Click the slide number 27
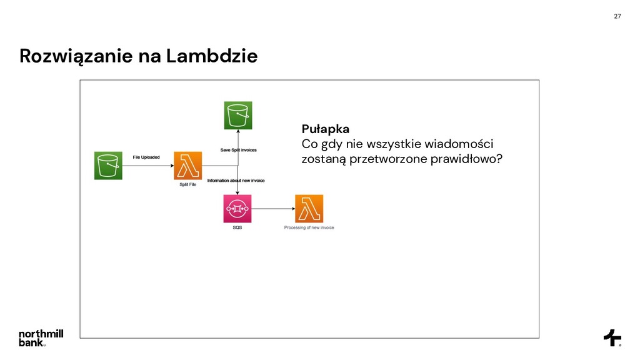pyautogui.click(x=617, y=16)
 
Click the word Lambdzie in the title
pyautogui.click(x=212, y=56)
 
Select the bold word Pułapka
pyautogui.click(x=325, y=129)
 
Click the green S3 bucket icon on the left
pyautogui.click(x=108, y=166)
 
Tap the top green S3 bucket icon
pyautogui.click(x=237, y=116)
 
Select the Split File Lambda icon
pyautogui.click(x=187, y=166)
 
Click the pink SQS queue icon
pyautogui.click(x=237, y=209)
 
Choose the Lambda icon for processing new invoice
pyautogui.click(x=309, y=209)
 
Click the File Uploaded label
pyautogui.click(x=146, y=157)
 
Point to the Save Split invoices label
pyautogui.click(x=238, y=150)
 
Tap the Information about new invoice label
pyautogui.click(x=236, y=181)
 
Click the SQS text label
pyautogui.click(x=237, y=227)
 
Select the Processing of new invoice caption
pyautogui.click(x=309, y=227)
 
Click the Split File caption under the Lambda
pyautogui.click(x=187, y=185)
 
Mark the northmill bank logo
pyautogui.click(x=41, y=337)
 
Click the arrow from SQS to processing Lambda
pyautogui.click(x=272, y=209)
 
